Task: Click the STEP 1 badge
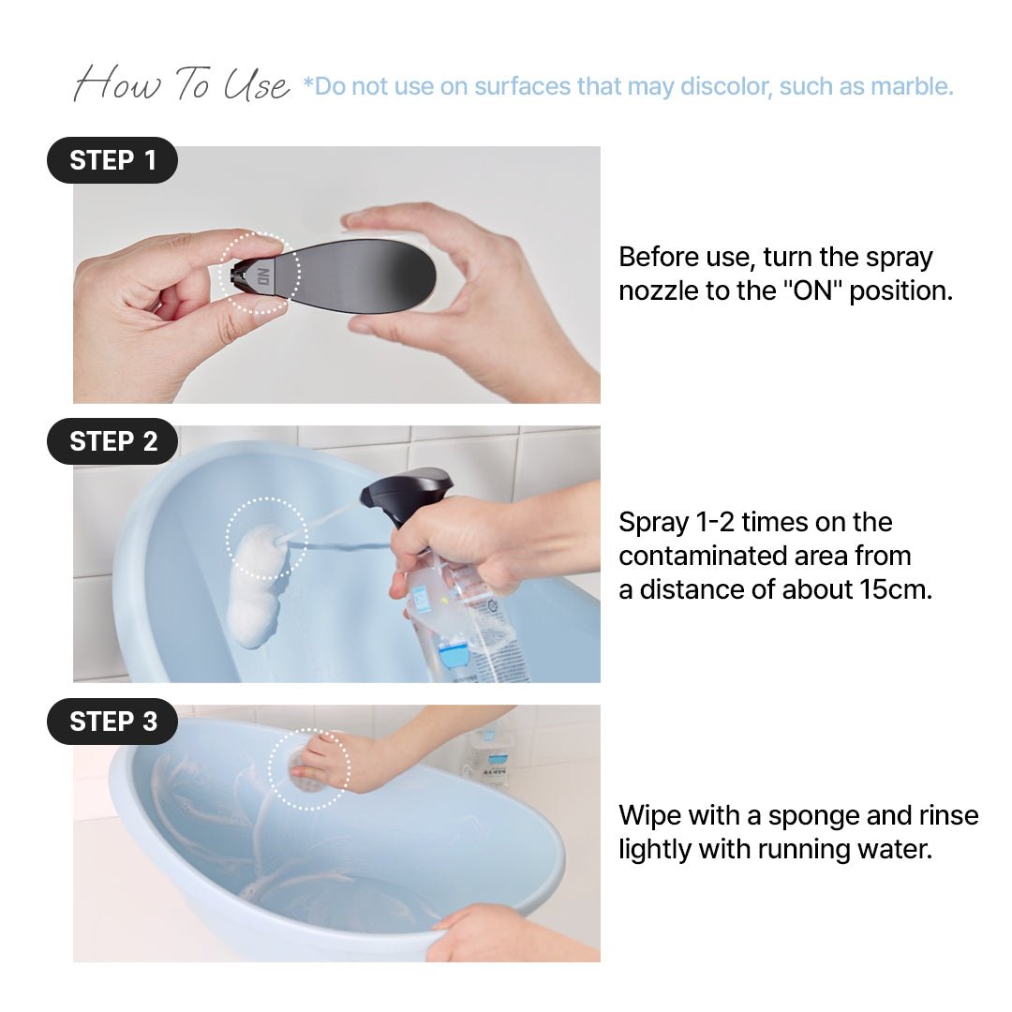click(x=112, y=160)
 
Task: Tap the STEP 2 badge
click(x=112, y=441)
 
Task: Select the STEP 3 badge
click(x=112, y=722)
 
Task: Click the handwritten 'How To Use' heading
click(x=182, y=84)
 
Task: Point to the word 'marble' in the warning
click(x=910, y=86)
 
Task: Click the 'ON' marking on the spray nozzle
click(x=263, y=276)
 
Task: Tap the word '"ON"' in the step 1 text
click(x=812, y=290)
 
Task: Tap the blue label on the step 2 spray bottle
click(x=455, y=656)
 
